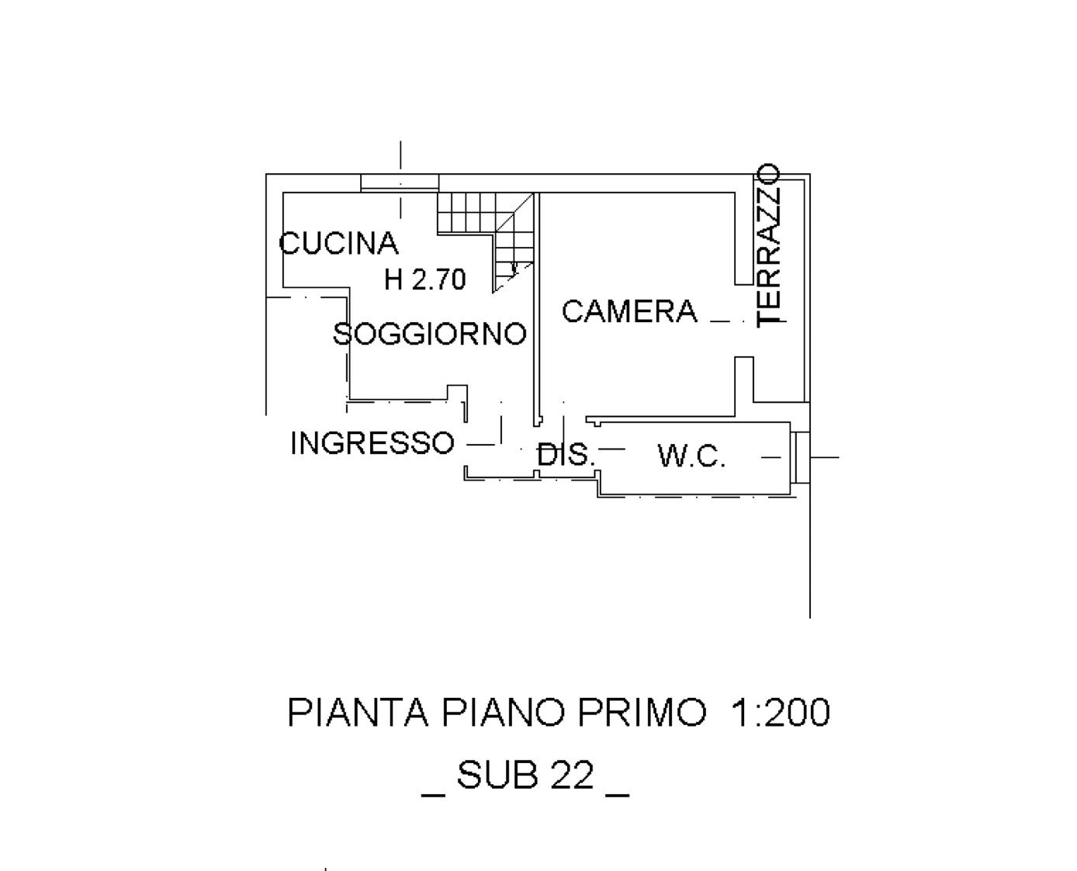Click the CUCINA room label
[338, 243]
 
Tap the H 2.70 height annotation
[424, 279]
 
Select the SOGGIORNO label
[430, 333]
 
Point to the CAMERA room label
[629, 311]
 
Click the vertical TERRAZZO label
[767, 245]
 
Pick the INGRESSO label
[372, 443]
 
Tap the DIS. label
[565, 454]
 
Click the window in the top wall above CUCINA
[400, 182]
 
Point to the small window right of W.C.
[801, 457]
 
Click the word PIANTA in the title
[358, 713]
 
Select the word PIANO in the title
[503, 713]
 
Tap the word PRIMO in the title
[641, 713]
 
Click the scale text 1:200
[780, 713]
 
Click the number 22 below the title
[572, 776]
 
